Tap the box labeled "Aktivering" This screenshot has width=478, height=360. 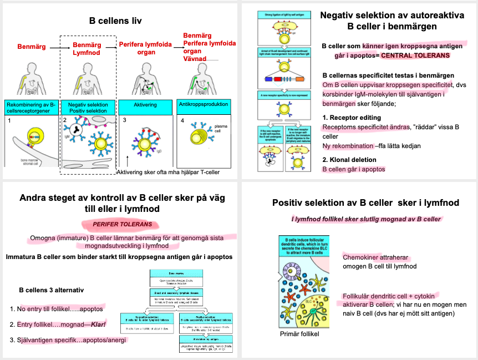pos(145,104)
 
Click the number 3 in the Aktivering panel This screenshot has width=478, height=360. pos(125,120)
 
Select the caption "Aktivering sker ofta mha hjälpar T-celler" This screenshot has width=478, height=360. pos(169,172)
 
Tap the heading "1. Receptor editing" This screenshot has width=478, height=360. pos(352,118)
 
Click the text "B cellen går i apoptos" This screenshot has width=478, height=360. pos(353,169)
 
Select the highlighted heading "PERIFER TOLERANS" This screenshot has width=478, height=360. pos(115,225)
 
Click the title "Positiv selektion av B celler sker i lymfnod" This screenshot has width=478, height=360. pos(365,203)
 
